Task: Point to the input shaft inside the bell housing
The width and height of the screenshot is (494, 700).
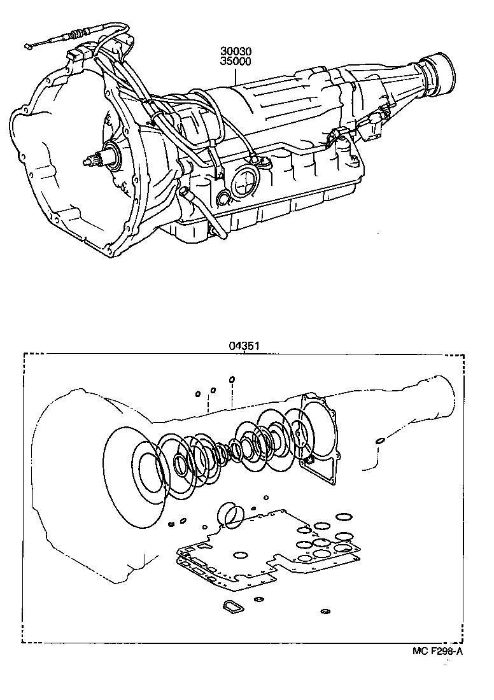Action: point(95,158)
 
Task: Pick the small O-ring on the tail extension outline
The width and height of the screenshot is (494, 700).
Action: point(379,440)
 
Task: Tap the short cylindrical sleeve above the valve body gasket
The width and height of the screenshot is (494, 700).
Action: point(230,514)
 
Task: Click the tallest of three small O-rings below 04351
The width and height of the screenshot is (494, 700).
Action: point(232,380)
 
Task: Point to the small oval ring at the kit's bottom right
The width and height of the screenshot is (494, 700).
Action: point(325,612)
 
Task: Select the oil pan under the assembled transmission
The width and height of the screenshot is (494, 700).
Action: point(255,220)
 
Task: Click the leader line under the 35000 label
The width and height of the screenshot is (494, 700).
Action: point(234,76)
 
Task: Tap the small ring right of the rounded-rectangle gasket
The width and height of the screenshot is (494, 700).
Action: point(259,599)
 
